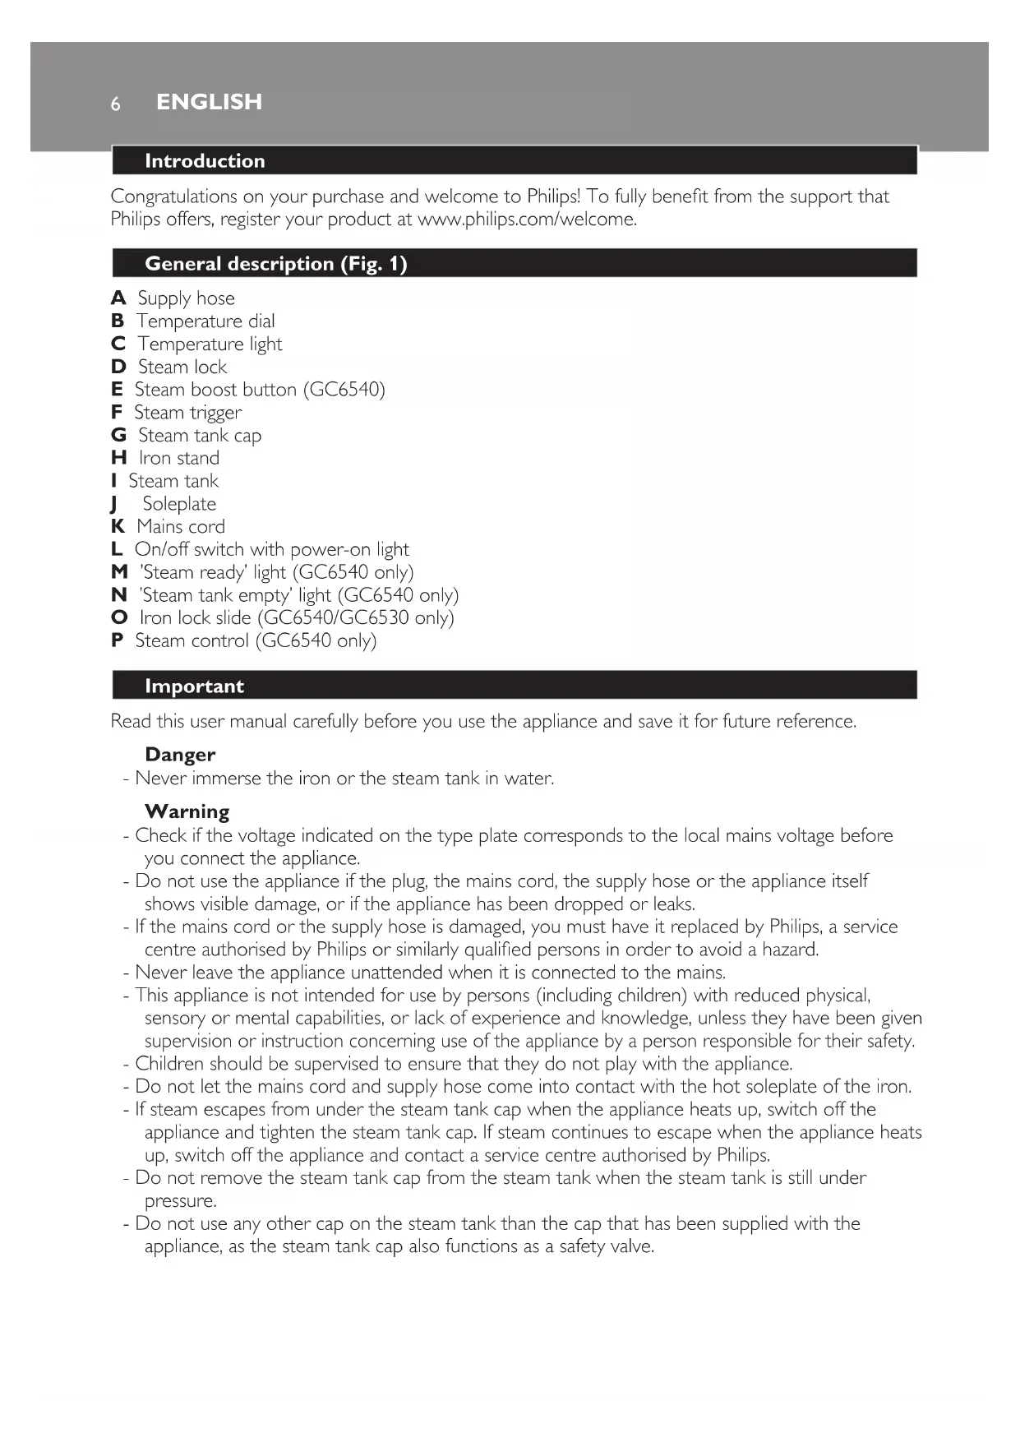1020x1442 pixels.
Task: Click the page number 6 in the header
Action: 116,104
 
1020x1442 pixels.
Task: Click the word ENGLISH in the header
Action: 209,102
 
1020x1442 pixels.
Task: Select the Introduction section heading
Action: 205,161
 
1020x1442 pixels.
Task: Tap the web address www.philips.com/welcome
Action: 526,220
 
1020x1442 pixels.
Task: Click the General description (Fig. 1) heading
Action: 275,264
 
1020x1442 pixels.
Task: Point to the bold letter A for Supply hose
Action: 118,298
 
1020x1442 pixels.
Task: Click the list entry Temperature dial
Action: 205,321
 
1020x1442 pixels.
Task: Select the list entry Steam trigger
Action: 188,413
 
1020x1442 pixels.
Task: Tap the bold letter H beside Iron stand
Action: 119,458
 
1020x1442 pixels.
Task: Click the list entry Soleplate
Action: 179,504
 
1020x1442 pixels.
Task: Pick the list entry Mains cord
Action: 181,527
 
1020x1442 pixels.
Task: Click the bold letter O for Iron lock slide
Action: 119,618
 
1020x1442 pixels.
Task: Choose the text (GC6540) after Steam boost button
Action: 344,390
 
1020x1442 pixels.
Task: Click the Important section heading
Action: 194,686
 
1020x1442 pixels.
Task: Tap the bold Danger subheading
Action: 180,755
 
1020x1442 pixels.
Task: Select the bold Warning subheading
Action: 187,811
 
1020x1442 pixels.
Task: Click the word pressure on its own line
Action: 179,1201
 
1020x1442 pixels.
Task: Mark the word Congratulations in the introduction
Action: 174,196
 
